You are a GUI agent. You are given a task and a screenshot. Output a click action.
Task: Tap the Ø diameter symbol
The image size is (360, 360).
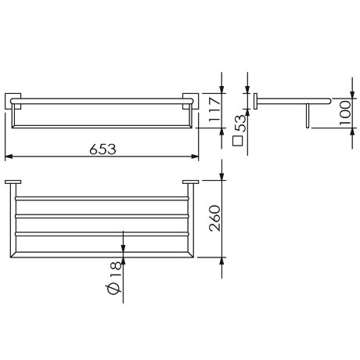pos(115,292)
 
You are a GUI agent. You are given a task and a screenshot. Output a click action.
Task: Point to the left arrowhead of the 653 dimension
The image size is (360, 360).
pos(9,156)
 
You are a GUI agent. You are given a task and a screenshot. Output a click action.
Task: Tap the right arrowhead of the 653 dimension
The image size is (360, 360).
pos(196,156)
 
